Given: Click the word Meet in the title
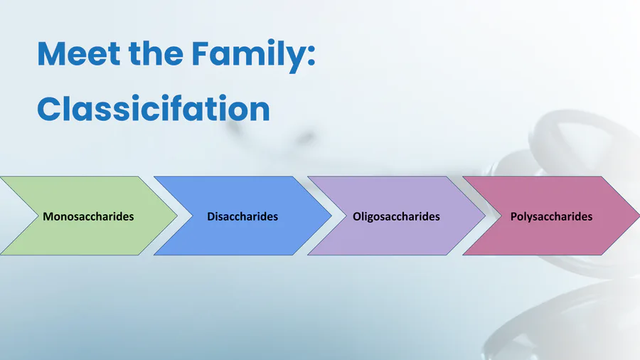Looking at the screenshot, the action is [x=78, y=53].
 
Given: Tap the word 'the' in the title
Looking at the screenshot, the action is [x=156, y=53].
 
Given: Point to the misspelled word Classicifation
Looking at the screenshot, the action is [x=154, y=108].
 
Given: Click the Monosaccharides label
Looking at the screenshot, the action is [x=88, y=216].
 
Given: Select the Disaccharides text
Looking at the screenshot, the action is [x=242, y=216].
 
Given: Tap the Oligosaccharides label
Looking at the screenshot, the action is [x=396, y=216].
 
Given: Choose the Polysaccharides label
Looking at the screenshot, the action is [x=551, y=217].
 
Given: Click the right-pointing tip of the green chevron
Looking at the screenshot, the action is [x=177, y=216].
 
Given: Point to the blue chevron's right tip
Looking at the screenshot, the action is [x=331, y=216].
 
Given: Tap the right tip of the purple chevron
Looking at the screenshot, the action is [x=485, y=216].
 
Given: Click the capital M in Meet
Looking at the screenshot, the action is [x=51, y=53].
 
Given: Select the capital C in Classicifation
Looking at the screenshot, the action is [x=48, y=108].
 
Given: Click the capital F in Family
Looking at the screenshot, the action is [x=201, y=53].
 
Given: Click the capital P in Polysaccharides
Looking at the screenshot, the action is [x=513, y=216].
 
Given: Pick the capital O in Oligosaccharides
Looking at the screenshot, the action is [x=357, y=216].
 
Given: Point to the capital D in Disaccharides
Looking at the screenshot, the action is [x=211, y=216].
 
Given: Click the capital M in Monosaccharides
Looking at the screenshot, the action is [x=48, y=216].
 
